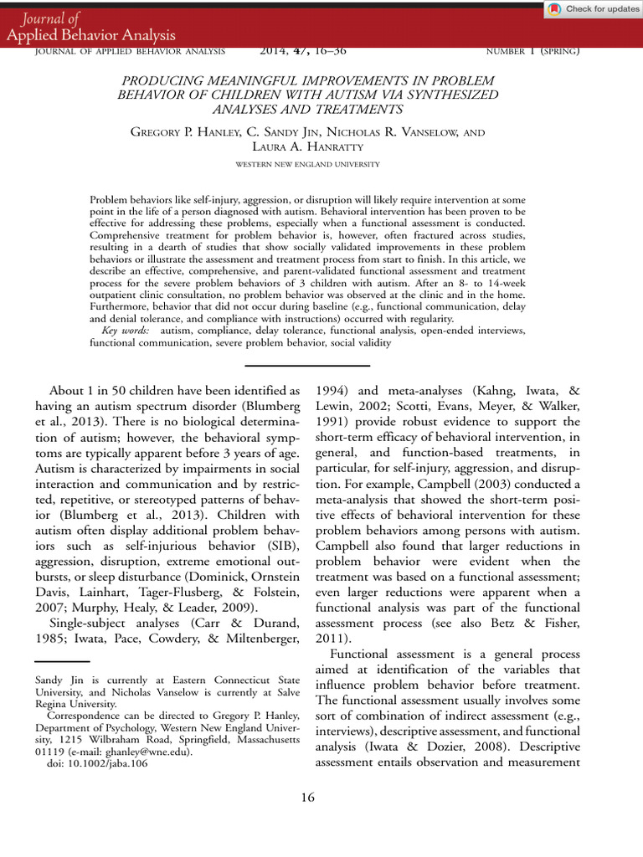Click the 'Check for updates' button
click(592, 9)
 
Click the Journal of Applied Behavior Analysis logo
click(90, 28)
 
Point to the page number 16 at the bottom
click(307, 798)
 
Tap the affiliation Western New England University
click(307, 164)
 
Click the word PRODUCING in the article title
click(162, 80)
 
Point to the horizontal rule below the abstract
click(307, 366)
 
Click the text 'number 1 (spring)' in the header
click(532, 51)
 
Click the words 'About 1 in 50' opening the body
click(88, 391)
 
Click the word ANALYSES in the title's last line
click(241, 110)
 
